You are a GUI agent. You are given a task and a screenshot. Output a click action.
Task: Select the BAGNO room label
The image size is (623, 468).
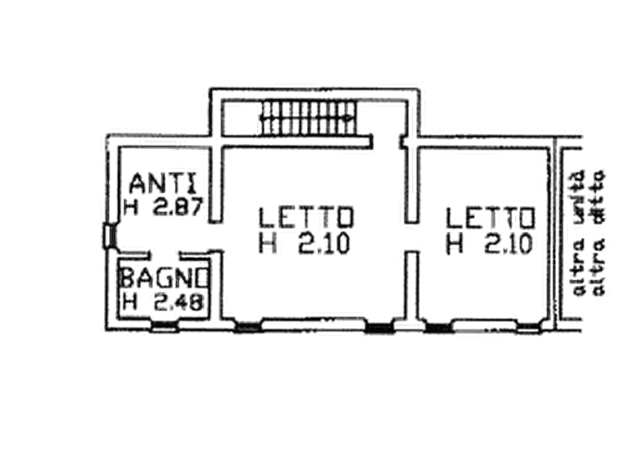163,278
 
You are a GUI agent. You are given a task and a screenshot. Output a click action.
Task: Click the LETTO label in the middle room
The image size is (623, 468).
310,217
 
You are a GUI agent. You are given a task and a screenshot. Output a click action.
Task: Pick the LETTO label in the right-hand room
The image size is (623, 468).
491,218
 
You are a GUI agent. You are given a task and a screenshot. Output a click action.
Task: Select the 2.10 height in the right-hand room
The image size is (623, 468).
505,242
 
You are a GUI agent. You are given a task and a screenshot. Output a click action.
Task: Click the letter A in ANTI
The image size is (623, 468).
138,184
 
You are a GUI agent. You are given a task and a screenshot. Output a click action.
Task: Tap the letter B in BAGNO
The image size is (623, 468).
128,278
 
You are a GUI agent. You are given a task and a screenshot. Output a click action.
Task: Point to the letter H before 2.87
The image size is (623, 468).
130,207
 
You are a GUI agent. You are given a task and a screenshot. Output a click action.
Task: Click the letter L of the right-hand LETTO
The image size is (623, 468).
454,218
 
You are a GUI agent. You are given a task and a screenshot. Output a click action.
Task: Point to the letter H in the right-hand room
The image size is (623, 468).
456,242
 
